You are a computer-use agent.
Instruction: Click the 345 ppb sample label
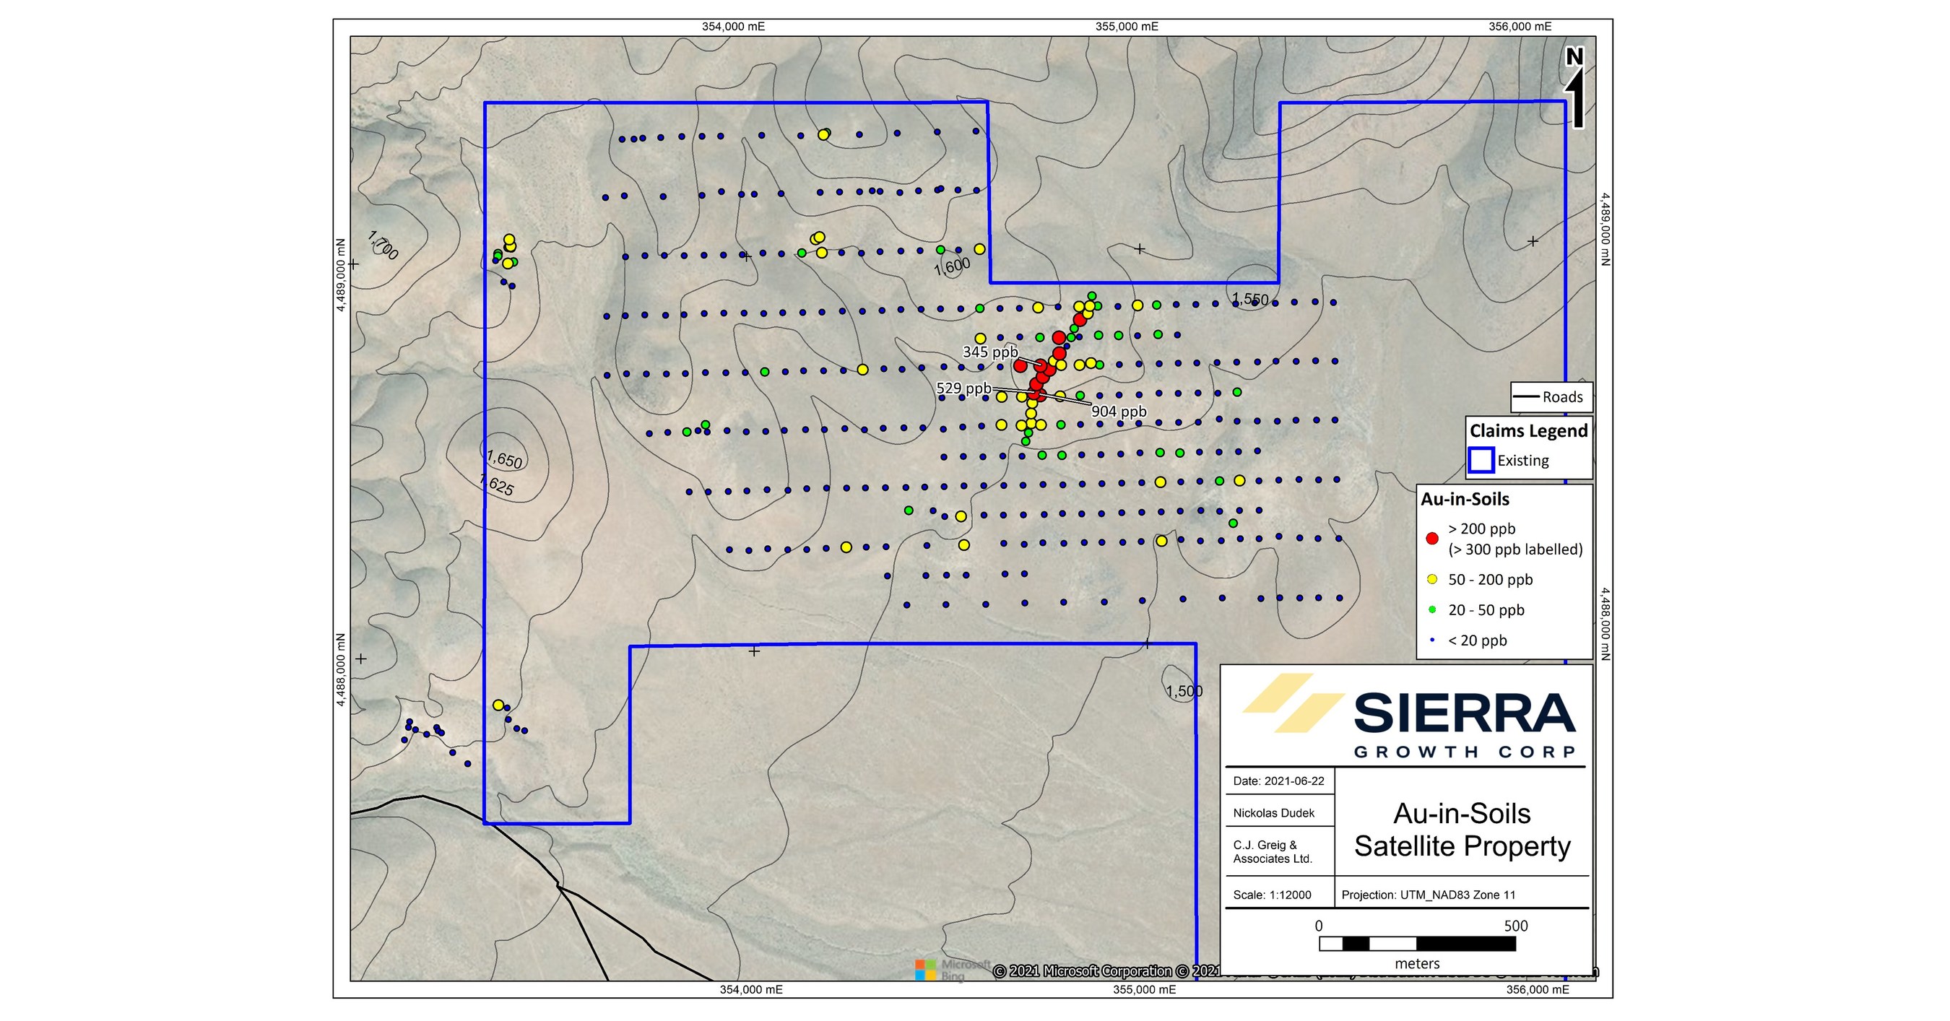[990, 352]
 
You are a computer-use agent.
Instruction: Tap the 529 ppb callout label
[963, 388]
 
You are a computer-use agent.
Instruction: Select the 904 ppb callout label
[1119, 412]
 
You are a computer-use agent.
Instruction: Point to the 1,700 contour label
[382, 246]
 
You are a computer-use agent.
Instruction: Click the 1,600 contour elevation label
[952, 266]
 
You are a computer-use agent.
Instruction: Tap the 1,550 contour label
[1249, 299]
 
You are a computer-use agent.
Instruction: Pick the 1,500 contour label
[1184, 691]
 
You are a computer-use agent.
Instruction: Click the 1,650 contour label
[504, 459]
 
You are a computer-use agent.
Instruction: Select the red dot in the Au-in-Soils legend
[1431, 539]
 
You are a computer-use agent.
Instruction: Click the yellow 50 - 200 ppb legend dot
[1431, 580]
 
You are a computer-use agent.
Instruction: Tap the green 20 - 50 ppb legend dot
[1431, 610]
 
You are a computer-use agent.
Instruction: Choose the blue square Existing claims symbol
[1481, 460]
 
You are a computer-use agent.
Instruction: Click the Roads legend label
[1562, 396]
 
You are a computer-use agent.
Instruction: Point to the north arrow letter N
[1574, 57]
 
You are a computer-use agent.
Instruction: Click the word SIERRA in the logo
[1464, 713]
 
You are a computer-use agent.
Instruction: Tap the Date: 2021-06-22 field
[1278, 781]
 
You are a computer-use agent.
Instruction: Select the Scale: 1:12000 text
[1272, 895]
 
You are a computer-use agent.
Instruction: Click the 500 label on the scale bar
[1515, 926]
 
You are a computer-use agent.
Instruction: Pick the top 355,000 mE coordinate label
[1127, 27]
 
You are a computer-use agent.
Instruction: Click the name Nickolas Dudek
[1273, 813]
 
